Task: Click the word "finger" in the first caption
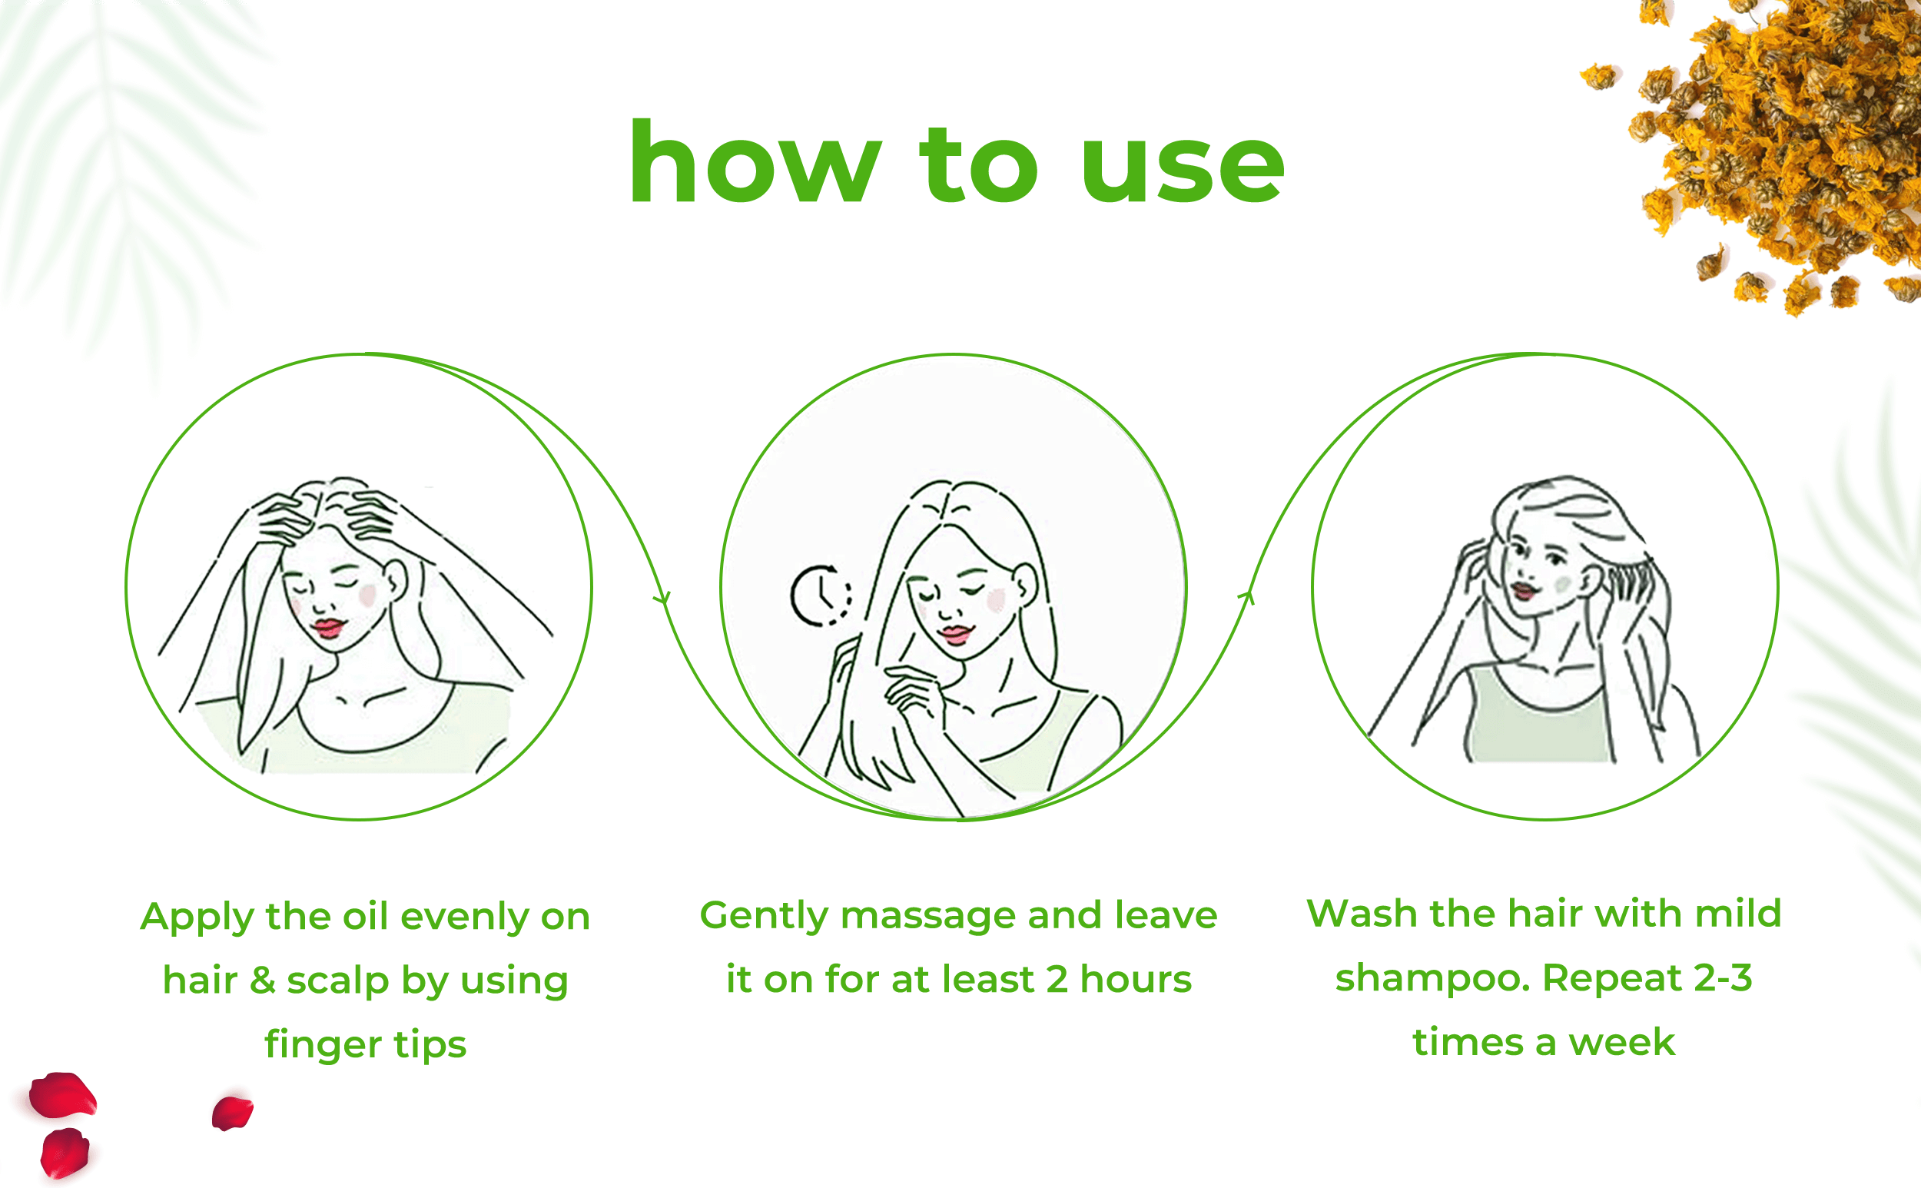point(322,1046)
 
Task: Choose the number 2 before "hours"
point(1057,980)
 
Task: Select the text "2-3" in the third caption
point(1723,978)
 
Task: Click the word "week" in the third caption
point(1621,1043)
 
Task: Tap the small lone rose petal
point(233,1113)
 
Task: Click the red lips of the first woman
point(328,628)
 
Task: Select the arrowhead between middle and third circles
point(1247,598)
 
